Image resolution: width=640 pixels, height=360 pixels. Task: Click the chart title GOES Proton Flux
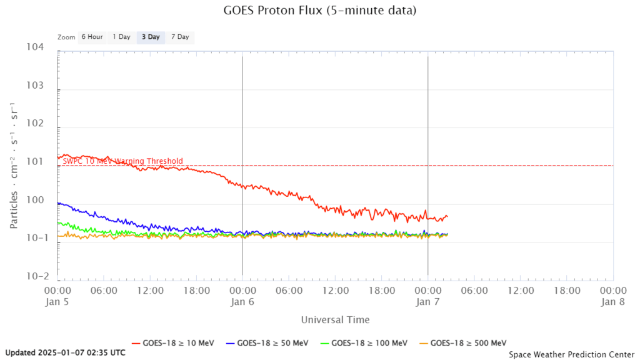click(319, 11)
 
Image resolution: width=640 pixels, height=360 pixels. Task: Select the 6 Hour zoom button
click(92, 37)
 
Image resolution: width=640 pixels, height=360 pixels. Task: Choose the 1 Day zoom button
click(121, 37)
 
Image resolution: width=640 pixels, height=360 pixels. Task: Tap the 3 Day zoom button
click(151, 37)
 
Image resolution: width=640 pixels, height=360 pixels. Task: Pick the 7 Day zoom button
click(179, 37)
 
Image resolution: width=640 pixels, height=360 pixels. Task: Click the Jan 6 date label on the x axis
click(242, 301)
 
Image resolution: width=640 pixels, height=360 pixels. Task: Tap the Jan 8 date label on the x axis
click(613, 301)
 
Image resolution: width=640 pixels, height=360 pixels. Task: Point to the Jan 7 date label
click(428, 301)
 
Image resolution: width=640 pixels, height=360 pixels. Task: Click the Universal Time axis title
click(335, 320)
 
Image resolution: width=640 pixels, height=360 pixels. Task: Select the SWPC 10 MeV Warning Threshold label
click(123, 161)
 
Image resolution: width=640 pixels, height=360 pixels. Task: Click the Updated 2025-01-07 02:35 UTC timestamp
click(66, 352)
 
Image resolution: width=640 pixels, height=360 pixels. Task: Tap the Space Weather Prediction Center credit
click(571, 354)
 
